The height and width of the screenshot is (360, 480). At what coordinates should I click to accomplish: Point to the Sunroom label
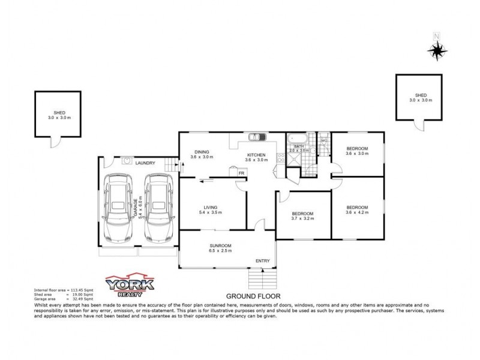(x=221, y=245)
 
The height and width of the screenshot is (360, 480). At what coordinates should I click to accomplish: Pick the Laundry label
(x=145, y=163)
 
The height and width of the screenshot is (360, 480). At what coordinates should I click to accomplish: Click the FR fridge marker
(x=241, y=173)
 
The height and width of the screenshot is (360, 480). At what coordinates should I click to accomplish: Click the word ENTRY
(x=262, y=260)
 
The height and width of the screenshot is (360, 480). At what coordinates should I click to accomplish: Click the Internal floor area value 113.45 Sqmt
(x=81, y=290)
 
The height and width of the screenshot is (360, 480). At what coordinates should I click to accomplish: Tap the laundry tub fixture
(x=127, y=160)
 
